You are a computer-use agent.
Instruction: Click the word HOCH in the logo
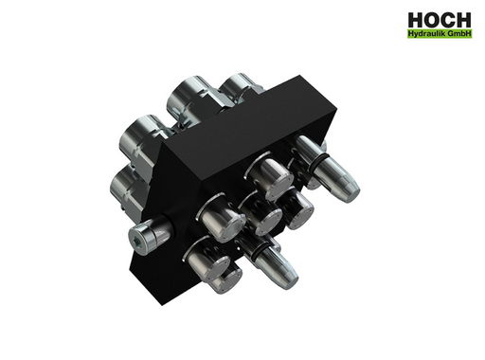pyautogui.click(x=440, y=20)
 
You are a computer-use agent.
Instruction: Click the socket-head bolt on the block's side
pyautogui.click(x=150, y=235)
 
